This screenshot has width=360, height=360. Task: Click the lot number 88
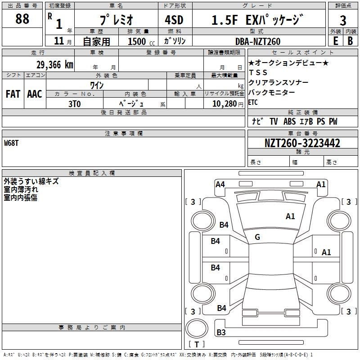[x=22, y=19]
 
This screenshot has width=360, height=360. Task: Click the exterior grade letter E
[x=335, y=40]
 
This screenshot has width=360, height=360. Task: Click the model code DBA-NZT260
[x=257, y=41]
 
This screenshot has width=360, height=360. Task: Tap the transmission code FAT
[x=13, y=94]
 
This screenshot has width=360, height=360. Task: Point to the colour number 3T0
[x=74, y=103]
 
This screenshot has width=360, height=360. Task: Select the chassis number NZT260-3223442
[x=302, y=144]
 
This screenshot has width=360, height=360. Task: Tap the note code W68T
[x=12, y=143]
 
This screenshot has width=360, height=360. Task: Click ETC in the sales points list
[x=253, y=102]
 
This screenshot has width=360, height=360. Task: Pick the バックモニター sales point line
[x=271, y=92]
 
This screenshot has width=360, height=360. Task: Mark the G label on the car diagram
[x=257, y=237]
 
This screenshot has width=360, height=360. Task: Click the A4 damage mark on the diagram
[x=220, y=184]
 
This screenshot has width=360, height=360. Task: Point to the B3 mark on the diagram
[x=221, y=333]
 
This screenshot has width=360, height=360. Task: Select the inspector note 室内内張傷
[x=21, y=198]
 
